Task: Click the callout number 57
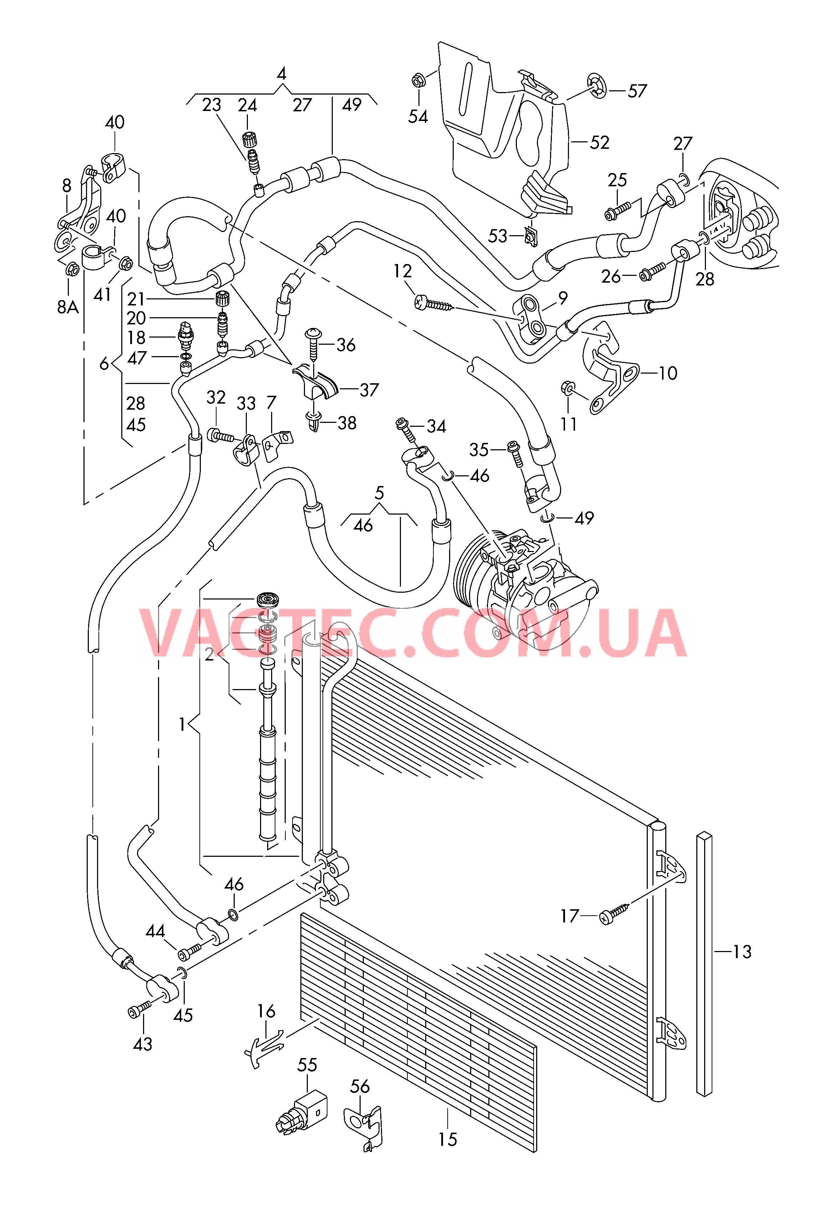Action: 637,91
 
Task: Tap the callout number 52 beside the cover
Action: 600,143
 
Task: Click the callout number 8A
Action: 68,307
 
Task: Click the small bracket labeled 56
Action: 364,1128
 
